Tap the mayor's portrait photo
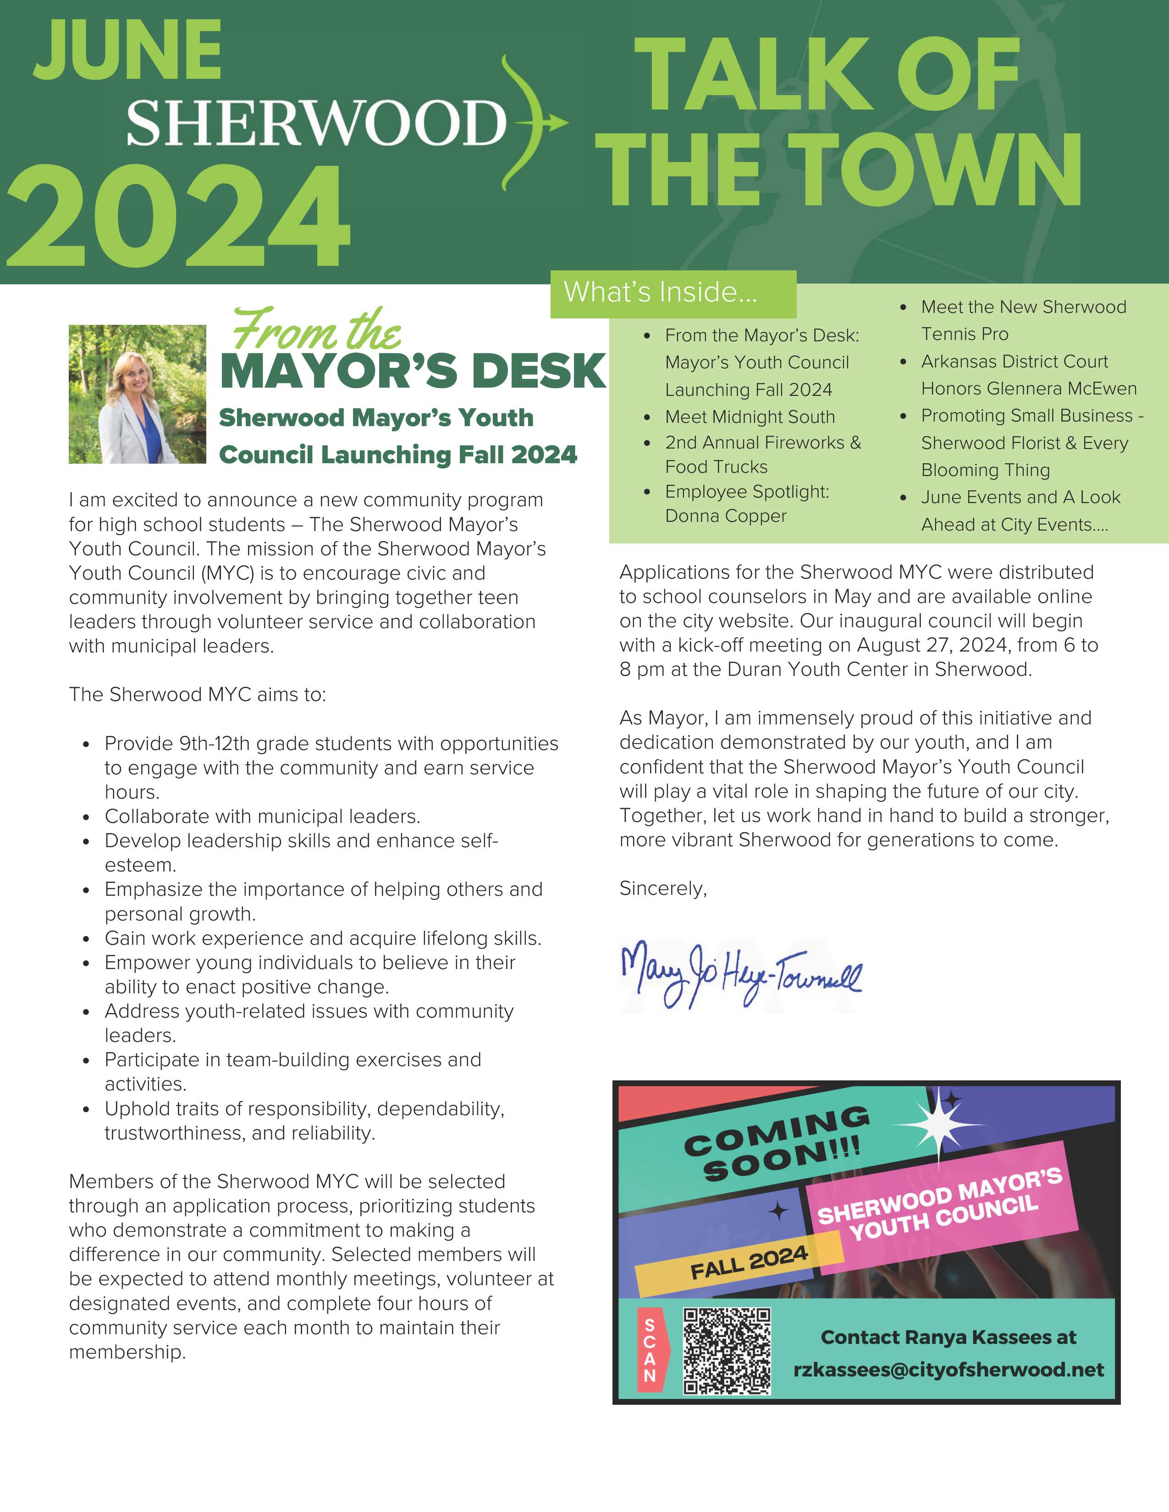tap(137, 394)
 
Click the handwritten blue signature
tap(740, 975)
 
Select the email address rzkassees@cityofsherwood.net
tap(949, 1370)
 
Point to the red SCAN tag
tap(651, 1350)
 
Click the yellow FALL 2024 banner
tap(748, 1262)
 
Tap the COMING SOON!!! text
tap(777, 1143)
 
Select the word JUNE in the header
tap(127, 50)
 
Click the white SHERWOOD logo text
tap(316, 122)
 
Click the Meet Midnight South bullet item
tap(750, 417)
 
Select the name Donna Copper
tap(725, 516)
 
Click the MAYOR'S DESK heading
tap(413, 371)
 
